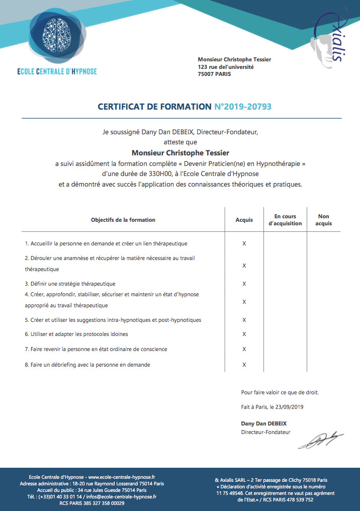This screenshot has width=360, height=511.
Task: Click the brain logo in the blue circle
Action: click(x=57, y=35)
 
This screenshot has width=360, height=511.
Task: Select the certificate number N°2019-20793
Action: click(x=243, y=107)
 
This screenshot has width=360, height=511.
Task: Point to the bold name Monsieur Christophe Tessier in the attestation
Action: click(x=180, y=152)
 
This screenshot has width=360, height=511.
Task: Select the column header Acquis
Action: click(x=244, y=220)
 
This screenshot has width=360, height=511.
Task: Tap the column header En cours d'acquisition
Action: click(x=285, y=220)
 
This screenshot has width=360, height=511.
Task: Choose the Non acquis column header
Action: click(x=323, y=220)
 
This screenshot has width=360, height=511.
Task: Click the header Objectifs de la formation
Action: click(x=123, y=220)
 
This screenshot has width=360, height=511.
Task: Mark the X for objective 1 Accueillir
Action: click(x=244, y=243)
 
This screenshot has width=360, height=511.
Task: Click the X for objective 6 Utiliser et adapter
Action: click(x=244, y=334)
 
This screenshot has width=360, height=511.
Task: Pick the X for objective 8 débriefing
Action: click(x=244, y=365)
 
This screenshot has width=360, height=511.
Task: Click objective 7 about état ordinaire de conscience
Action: click(x=96, y=349)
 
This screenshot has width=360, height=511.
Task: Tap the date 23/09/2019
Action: click(x=292, y=406)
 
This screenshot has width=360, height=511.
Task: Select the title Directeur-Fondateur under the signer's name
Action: click(x=265, y=432)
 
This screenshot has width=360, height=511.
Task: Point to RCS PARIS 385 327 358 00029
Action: click(x=92, y=503)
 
